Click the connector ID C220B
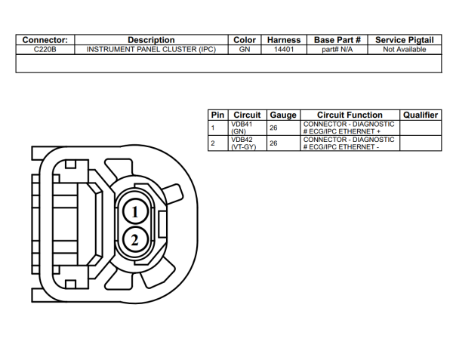[x=45, y=49]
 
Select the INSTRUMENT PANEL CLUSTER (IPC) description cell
[x=151, y=49]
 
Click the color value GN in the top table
[x=245, y=49]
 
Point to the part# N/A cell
[x=337, y=49]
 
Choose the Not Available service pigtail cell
[x=404, y=49]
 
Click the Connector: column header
[x=45, y=40]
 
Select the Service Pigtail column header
[x=404, y=40]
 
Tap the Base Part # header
[x=337, y=40]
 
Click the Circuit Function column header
[x=350, y=115]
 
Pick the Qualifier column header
[x=421, y=115]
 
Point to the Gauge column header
[x=283, y=115]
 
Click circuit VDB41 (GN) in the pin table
[x=242, y=127]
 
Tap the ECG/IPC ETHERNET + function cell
[x=350, y=127]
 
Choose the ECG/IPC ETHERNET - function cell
[x=350, y=143]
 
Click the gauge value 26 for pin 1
[x=274, y=128]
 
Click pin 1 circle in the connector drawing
[x=134, y=212]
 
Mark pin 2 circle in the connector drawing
[x=134, y=240]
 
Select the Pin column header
[x=217, y=115]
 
